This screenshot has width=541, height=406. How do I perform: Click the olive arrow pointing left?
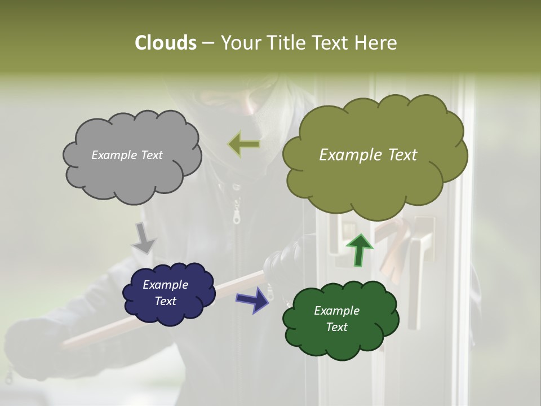(244, 144)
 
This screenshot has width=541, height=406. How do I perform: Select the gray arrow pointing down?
(144, 238)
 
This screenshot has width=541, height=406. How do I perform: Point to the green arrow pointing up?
(360, 249)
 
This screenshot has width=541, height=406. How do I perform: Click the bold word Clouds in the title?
(165, 43)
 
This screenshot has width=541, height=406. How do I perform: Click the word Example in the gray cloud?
(113, 155)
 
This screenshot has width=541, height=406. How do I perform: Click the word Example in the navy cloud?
(165, 285)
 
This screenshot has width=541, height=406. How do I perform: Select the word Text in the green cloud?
(336, 327)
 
